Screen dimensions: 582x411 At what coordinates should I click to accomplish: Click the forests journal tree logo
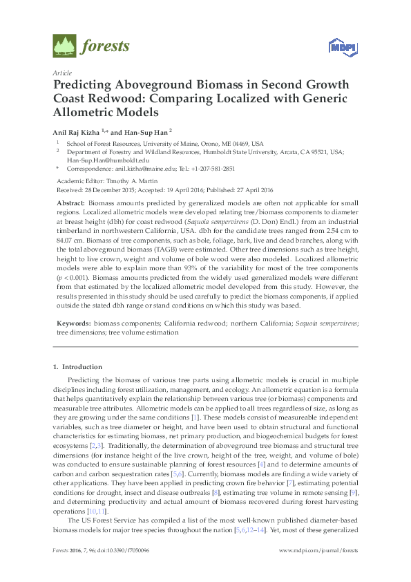coord(64,46)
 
